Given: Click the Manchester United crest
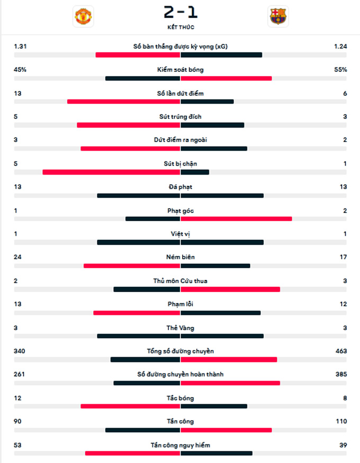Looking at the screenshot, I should [84, 16].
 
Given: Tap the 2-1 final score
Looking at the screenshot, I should [180, 12].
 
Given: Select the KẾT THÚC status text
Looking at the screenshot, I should [180, 27].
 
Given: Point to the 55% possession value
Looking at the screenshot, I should [340, 70].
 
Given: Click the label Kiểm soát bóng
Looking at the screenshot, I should [180, 70].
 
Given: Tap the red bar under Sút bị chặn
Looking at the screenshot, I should [111, 172].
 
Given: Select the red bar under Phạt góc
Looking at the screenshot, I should [236, 219].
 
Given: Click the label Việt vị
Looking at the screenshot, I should [180, 234].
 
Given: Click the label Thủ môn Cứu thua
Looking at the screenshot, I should [180, 280].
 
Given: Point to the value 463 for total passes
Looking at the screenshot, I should [340, 351].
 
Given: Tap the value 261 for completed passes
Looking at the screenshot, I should [20, 374].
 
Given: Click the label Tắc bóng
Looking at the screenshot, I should [180, 398].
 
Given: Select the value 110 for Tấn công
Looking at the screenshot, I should [340, 421].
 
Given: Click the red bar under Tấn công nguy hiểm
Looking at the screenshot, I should [132, 453].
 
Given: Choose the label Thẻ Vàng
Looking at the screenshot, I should [180, 328].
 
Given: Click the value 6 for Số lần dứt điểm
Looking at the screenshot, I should [345, 94].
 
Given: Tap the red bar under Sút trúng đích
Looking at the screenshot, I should [129, 125].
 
